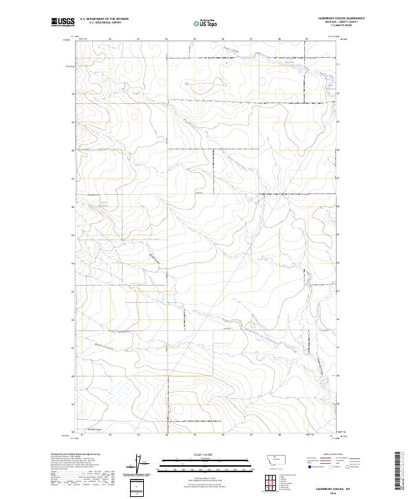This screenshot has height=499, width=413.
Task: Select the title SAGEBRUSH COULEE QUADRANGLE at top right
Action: click(341, 18)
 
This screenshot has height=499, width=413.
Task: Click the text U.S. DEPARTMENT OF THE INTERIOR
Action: click(104, 19)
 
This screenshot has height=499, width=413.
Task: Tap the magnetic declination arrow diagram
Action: click(137, 463)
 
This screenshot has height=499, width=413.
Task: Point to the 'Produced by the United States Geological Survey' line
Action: click(76, 454)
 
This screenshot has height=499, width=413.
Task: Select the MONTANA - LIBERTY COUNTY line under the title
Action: click(342, 22)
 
